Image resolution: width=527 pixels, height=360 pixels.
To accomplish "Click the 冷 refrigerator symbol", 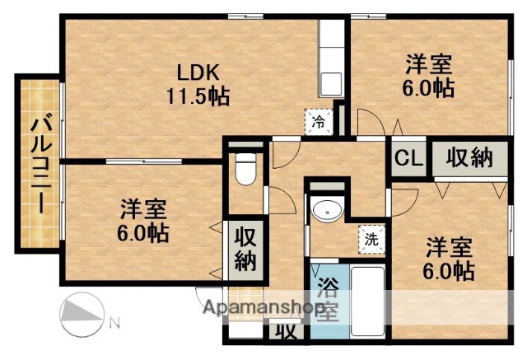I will click(319, 122).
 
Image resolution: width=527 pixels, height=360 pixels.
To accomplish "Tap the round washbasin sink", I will click(329, 212).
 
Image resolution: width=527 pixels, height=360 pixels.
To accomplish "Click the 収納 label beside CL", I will click(471, 158).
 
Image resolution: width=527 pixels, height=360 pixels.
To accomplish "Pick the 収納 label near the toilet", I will click(245, 250).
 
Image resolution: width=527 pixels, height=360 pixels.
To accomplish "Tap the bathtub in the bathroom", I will click(368, 301).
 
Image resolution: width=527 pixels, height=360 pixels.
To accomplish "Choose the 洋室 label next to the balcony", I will click(142, 208).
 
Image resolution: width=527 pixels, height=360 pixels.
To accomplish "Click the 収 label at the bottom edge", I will click(286, 333).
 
